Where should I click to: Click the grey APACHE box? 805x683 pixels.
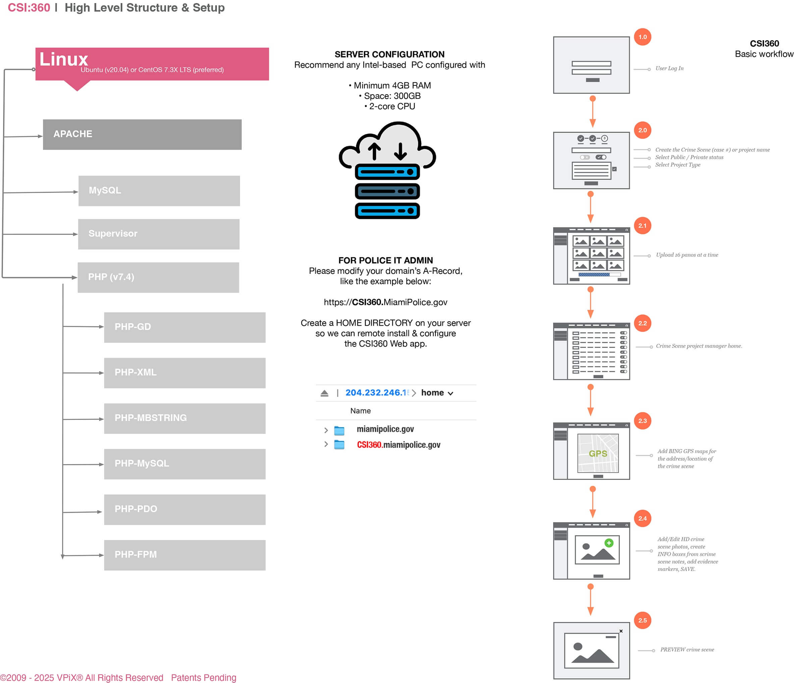click(142, 134)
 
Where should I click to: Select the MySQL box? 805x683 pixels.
click(159, 191)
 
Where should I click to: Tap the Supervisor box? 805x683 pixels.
click(159, 234)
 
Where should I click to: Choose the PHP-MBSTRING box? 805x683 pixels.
click(184, 418)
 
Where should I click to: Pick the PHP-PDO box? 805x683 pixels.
click(184, 509)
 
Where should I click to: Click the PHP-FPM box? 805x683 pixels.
click(184, 555)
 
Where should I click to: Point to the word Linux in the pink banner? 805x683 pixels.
click(64, 59)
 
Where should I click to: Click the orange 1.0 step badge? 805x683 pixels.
click(642, 37)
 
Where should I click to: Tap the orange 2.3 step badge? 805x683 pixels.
click(642, 421)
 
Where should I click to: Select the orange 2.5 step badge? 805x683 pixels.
click(642, 620)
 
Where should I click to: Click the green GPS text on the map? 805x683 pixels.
click(598, 453)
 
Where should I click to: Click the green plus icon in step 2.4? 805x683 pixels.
click(609, 543)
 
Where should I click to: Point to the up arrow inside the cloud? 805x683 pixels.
click(374, 151)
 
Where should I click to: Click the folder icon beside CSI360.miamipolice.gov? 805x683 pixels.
click(339, 444)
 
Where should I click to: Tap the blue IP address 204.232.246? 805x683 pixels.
click(376, 393)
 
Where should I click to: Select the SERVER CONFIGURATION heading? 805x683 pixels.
click(389, 55)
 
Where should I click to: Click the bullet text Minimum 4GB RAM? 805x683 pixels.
click(390, 85)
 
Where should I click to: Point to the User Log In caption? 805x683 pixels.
click(669, 68)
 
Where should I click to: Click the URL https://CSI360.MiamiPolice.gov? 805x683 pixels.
click(385, 302)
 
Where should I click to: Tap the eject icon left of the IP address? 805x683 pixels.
click(324, 393)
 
